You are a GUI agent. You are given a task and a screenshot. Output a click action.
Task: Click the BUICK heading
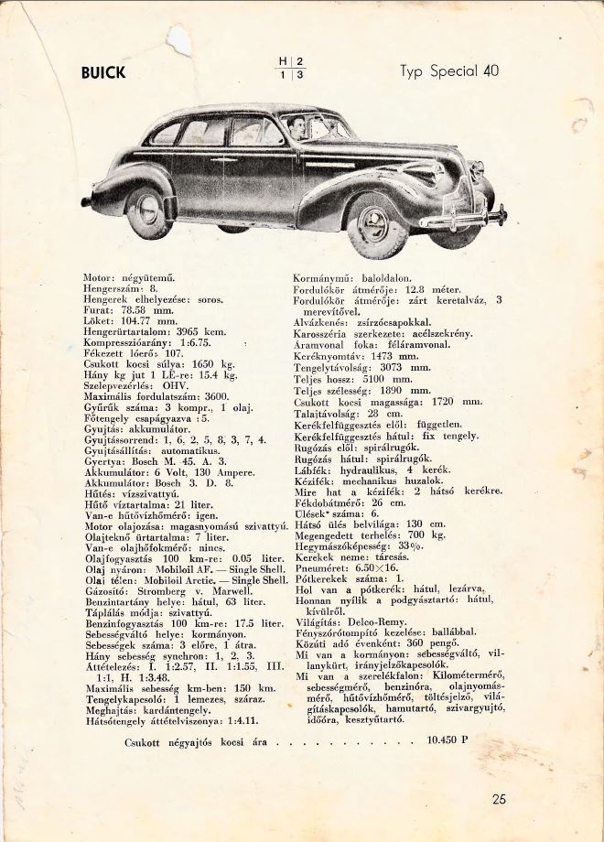[x=103, y=73]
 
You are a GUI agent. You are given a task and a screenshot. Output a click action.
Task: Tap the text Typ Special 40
[x=449, y=72]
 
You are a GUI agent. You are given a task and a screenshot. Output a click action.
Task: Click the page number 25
[x=499, y=799]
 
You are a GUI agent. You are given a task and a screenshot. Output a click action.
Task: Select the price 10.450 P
[x=447, y=741]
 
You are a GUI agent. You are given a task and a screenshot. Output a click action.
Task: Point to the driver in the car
[x=295, y=127]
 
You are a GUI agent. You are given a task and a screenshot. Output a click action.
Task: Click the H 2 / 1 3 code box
[x=290, y=69]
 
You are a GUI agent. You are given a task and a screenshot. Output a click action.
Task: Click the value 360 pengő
[x=421, y=642]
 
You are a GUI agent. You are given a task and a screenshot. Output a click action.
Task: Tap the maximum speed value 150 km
[x=255, y=688]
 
